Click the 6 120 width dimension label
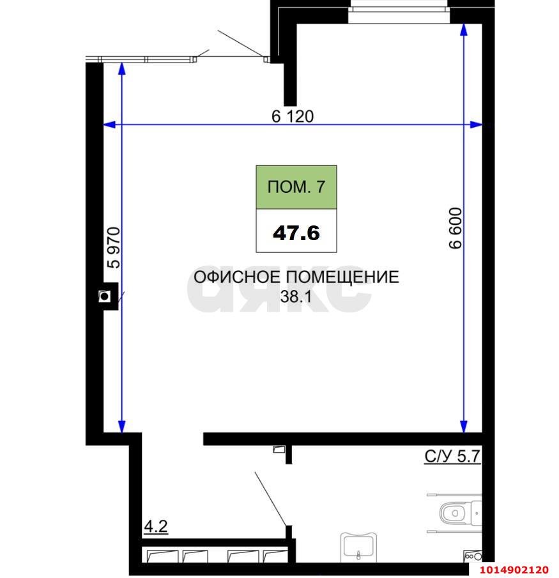293,116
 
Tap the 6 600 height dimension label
456,231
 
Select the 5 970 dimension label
114,248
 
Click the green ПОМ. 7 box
296,187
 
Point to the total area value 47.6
296,232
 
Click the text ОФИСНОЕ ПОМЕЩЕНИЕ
296,277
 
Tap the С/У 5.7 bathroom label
452,457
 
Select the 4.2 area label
155,528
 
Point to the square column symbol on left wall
104,296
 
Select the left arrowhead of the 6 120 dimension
109,125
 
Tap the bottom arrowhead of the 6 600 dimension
463,426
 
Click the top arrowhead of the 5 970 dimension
121,69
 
